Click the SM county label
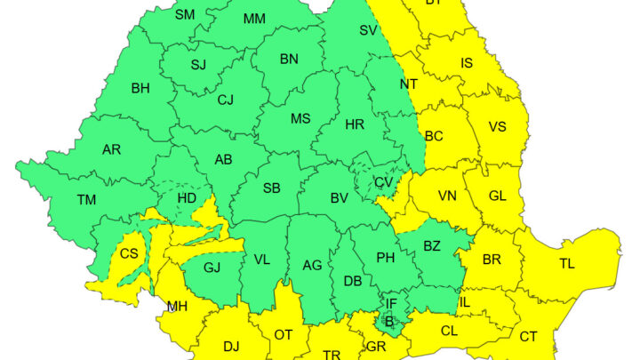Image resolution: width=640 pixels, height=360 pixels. [185, 14]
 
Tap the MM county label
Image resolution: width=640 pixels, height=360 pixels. [254, 19]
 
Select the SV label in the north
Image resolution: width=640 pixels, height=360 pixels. [368, 30]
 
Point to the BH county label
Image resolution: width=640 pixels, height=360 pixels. [140, 88]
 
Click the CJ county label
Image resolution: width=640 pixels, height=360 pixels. [226, 100]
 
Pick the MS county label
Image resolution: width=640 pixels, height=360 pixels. [300, 119]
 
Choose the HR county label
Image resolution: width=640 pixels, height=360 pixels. [355, 124]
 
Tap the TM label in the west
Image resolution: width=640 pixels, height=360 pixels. [86, 200]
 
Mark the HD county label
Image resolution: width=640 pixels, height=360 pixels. [188, 197]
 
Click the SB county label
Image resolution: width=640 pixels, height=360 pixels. [272, 188]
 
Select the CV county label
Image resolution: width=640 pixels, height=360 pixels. [383, 182]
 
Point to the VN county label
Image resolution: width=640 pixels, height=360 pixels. [447, 196]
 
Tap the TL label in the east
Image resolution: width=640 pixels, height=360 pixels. [566, 263]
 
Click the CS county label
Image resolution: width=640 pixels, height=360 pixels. [129, 253]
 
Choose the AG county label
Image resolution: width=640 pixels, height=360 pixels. [312, 265]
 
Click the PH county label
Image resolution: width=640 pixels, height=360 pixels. [385, 258]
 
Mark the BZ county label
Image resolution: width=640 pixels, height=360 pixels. [432, 246]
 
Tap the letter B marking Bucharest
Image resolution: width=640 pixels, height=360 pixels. [388, 320]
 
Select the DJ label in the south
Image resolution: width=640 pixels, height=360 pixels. [231, 346]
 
